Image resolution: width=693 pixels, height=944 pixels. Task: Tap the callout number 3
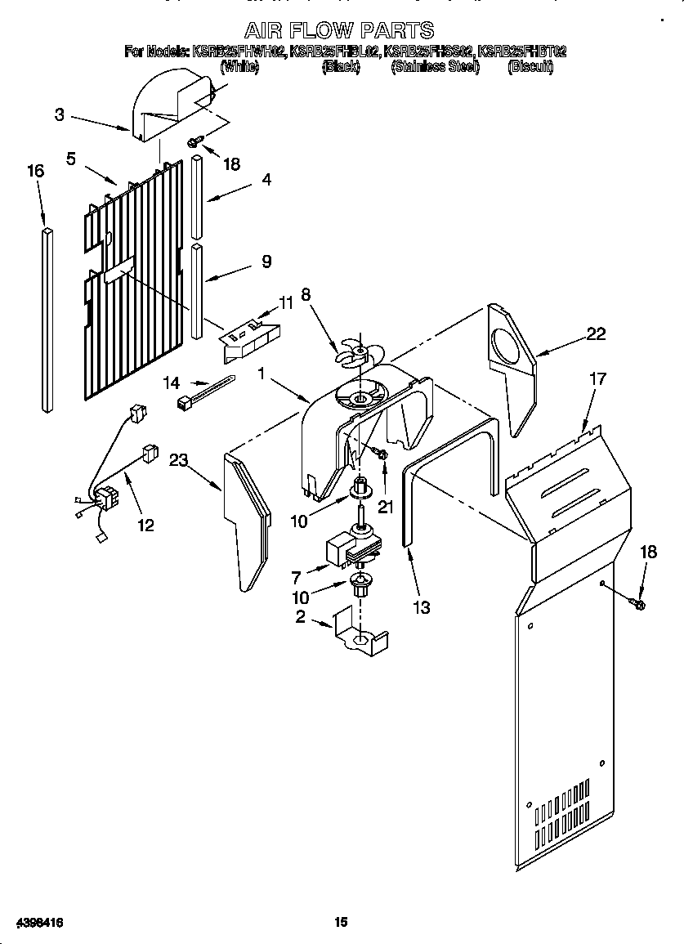pyautogui.click(x=60, y=115)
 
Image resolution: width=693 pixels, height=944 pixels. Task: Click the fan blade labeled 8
pyautogui.click(x=356, y=351)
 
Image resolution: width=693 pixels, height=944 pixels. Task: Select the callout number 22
pyautogui.click(x=596, y=333)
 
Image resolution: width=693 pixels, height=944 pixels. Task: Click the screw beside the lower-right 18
pyautogui.click(x=638, y=604)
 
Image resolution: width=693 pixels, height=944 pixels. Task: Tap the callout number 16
pyautogui.click(x=35, y=171)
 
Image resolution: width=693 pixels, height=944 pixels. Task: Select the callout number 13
pyautogui.click(x=422, y=607)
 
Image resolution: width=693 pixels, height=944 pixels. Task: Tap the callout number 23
pyautogui.click(x=179, y=460)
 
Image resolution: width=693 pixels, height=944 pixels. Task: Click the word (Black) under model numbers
pyautogui.click(x=341, y=67)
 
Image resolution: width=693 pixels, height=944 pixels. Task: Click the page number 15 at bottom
pyautogui.click(x=341, y=922)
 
